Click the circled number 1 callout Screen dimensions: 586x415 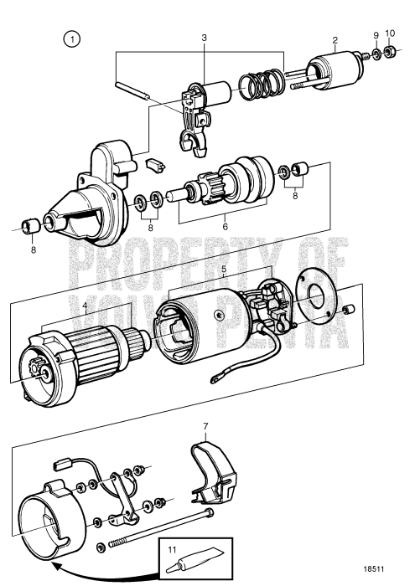74,39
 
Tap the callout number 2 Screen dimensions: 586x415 335,39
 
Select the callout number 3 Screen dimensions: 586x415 204,39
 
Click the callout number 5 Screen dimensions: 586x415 223,270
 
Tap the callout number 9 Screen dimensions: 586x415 376,35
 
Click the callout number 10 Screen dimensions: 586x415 390,35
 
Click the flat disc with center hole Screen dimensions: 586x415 319,297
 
